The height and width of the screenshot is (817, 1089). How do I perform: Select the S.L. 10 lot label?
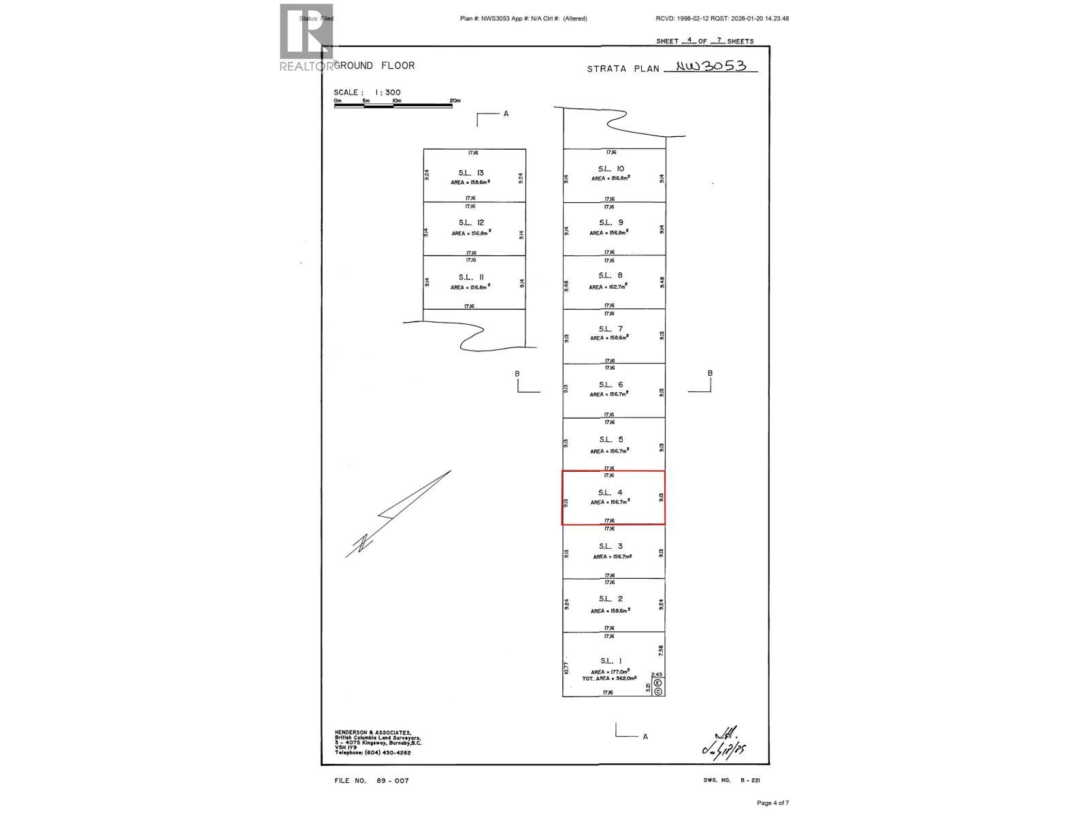pos(611,169)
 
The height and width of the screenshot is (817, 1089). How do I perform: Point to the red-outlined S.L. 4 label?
pos(611,492)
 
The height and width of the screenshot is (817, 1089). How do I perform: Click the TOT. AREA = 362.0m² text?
pos(609,679)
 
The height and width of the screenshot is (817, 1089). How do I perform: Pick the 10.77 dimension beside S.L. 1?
pos(566,668)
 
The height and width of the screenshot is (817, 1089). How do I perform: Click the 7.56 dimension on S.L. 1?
pos(661,651)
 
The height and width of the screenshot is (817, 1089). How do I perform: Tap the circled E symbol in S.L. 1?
pos(658,682)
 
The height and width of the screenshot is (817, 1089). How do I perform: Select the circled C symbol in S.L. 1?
pos(658,691)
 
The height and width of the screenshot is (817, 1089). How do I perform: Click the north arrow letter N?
pos(364,542)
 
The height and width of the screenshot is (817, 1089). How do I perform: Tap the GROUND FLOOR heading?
pos(375,65)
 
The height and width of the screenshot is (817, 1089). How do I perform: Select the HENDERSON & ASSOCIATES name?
pos(372,733)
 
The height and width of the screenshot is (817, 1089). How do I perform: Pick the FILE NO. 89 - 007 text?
pos(372,781)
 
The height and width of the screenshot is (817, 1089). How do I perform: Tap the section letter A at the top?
pos(506,114)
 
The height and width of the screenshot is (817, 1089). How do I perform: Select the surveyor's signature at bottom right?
pos(725,743)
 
